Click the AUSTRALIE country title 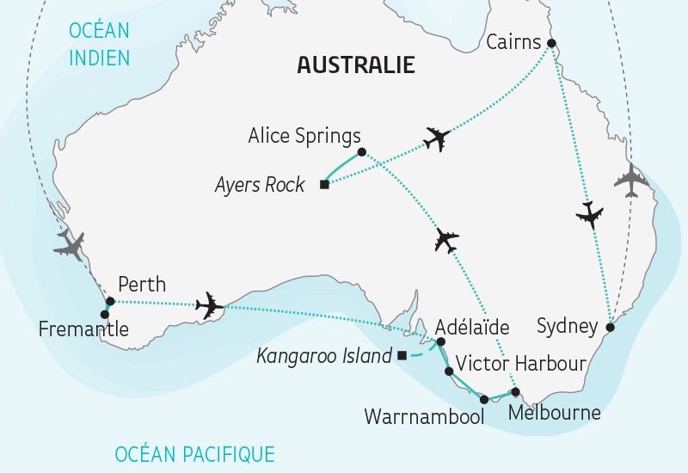[355, 64]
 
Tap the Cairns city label [513, 42]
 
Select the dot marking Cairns [552, 43]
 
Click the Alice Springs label [304, 136]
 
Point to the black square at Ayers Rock [323, 184]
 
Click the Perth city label [142, 284]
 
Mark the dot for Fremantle [105, 315]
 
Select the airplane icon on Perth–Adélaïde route [209, 305]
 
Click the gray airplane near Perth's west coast [70, 246]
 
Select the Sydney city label [567, 326]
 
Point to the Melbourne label [555, 413]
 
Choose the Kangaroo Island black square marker [401, 356]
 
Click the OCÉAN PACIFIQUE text [194, 453]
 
